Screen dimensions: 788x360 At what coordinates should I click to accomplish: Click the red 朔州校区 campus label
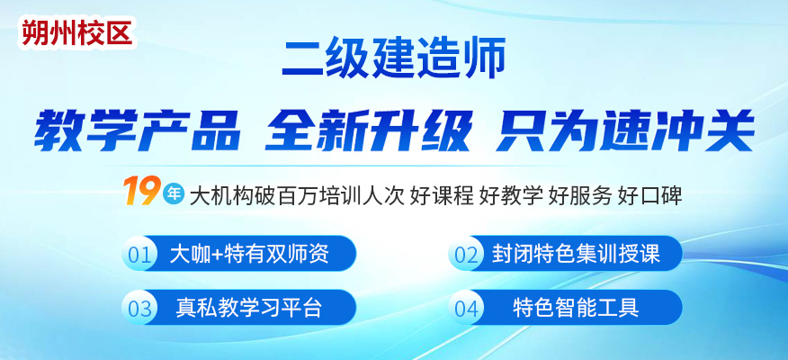tap(76, 33)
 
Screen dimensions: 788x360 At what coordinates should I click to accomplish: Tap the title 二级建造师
tap(393, 60)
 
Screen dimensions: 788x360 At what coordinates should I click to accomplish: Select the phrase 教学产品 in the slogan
tap(137, 130)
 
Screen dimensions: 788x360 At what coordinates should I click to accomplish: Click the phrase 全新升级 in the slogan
tap(369, 130)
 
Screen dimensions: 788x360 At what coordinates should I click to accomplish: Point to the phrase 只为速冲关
tap(625, 130)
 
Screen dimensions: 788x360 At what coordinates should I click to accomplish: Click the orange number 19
tap(141, 191)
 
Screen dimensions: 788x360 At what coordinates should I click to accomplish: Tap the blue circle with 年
tap(174, 193)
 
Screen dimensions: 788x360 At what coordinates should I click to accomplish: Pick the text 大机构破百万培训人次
tap(297, 195)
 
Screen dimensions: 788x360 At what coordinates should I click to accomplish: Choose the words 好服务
tap(580, 195)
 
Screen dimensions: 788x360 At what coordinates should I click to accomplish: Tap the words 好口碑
tap(649, 195)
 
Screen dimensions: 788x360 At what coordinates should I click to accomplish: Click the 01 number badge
tap(139, 254)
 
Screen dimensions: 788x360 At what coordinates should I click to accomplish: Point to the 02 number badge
tap(466, 254)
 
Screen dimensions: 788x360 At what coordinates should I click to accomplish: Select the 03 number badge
tap(139, 307)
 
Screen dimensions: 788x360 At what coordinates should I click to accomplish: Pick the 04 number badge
tap(466, 307)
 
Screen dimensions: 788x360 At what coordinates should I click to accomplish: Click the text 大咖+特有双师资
tap(249, 254)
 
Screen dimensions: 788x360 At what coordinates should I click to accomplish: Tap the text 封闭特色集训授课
tap(576, 254)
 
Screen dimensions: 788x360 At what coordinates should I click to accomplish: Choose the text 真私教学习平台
tap(249, 307)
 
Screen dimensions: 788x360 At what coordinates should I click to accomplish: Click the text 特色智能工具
tap(576, 307)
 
